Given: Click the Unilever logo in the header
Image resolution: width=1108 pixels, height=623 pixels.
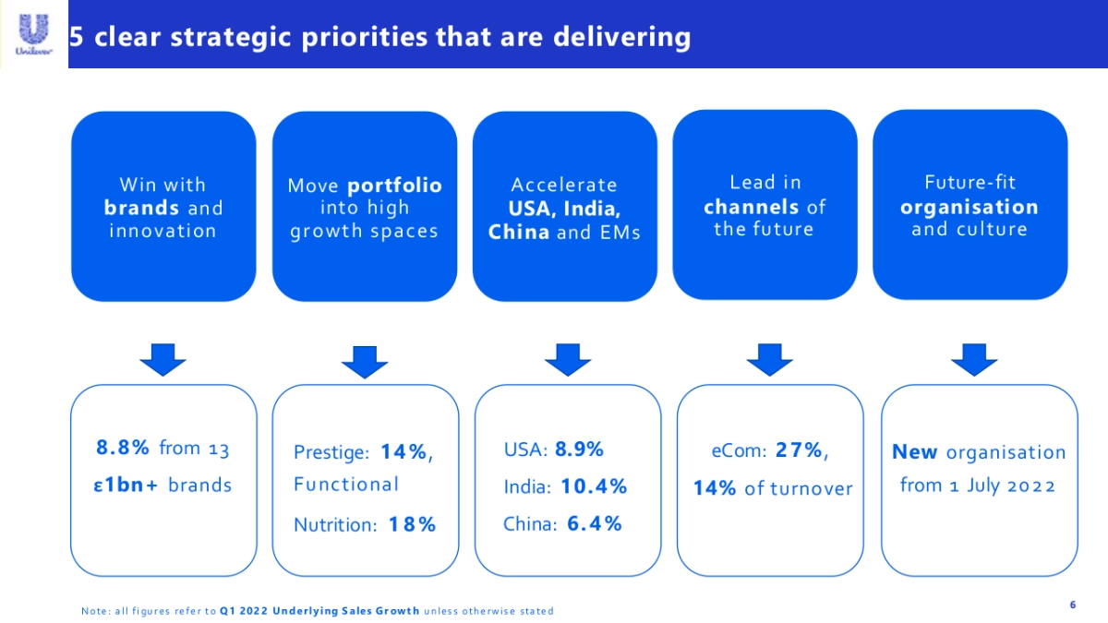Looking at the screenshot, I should (33, 33).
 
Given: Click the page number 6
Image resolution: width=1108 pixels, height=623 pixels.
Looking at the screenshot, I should (1072, 605).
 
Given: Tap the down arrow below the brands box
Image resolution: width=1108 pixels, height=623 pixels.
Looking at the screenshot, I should (163, 359).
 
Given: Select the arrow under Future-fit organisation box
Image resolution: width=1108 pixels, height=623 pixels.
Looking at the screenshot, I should (974, 359).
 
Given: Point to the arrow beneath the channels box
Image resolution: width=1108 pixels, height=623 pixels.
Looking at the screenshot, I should (769, 359).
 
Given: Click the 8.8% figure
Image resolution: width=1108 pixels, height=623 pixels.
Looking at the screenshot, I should (123, 449).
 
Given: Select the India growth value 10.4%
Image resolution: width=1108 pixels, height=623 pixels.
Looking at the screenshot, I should (594, 486).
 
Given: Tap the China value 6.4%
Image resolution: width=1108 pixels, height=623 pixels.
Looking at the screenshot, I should (594, 524).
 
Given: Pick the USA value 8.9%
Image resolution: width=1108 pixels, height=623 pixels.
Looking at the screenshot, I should (580, 449).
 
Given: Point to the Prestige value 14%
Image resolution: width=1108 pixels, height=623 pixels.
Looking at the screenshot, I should (406, 452).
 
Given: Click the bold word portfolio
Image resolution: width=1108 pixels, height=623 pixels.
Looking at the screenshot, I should (394, 186).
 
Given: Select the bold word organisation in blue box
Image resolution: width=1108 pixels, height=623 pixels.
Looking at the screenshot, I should (969, 207).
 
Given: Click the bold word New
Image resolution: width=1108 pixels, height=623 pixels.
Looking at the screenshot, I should (914, 452).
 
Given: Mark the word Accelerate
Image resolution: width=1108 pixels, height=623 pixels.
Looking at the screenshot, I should (564, 186).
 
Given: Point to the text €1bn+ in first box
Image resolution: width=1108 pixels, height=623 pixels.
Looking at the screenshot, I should (126, 485).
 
